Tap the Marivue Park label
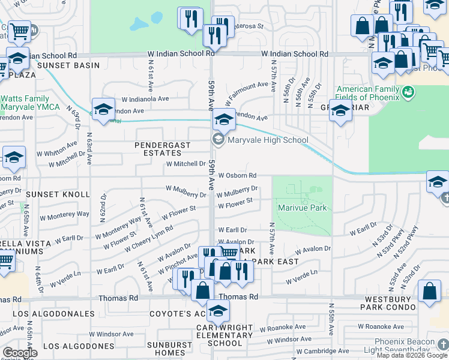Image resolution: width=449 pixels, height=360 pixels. [x=302, y=208]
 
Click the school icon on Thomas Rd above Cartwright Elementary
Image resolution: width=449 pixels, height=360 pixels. [x=218, y=311]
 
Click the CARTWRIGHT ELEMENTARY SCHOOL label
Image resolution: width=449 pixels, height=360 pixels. [x=217, y=335]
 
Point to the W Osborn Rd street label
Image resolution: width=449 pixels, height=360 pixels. [x=237, y=176]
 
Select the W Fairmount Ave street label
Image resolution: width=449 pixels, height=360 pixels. [x=246, y=92]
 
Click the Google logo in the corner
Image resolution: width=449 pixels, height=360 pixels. [x=19, y=353]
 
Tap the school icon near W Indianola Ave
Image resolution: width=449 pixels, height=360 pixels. [x=103, y=109]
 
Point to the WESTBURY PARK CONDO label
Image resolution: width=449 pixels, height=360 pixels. [x=388, y=302]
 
